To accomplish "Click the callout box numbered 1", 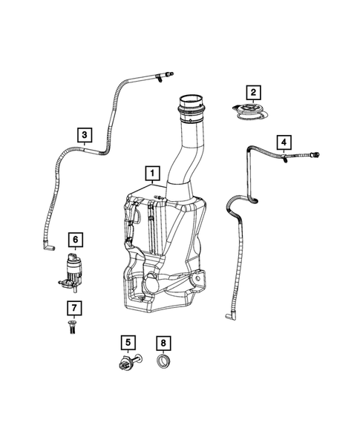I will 151,175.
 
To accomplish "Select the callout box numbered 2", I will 253,93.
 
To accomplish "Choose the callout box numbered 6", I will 74,240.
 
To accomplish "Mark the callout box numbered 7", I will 74,307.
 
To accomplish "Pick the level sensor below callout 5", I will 125,364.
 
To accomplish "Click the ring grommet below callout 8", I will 163,363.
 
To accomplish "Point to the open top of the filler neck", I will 191,99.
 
